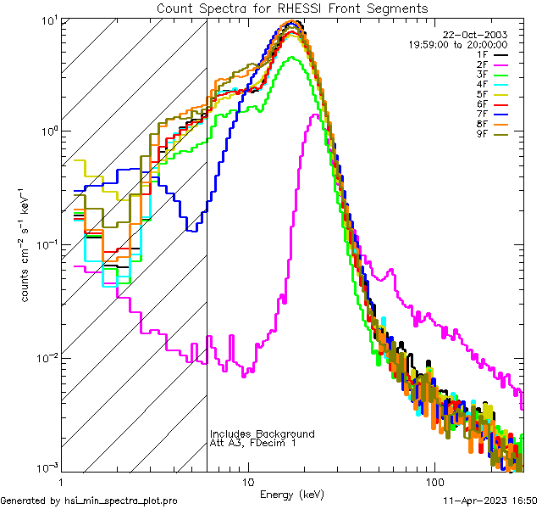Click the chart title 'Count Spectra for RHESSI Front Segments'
tap(292, 8)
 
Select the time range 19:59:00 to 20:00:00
tap(457, 44)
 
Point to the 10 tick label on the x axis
tap(247, 481)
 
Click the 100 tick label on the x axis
tap(434, 481)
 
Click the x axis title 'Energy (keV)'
tap(292, 494)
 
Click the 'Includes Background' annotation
tap(262, 433)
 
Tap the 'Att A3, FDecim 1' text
tap(253, 443)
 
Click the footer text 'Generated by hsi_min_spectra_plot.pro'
tap(89, 501)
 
